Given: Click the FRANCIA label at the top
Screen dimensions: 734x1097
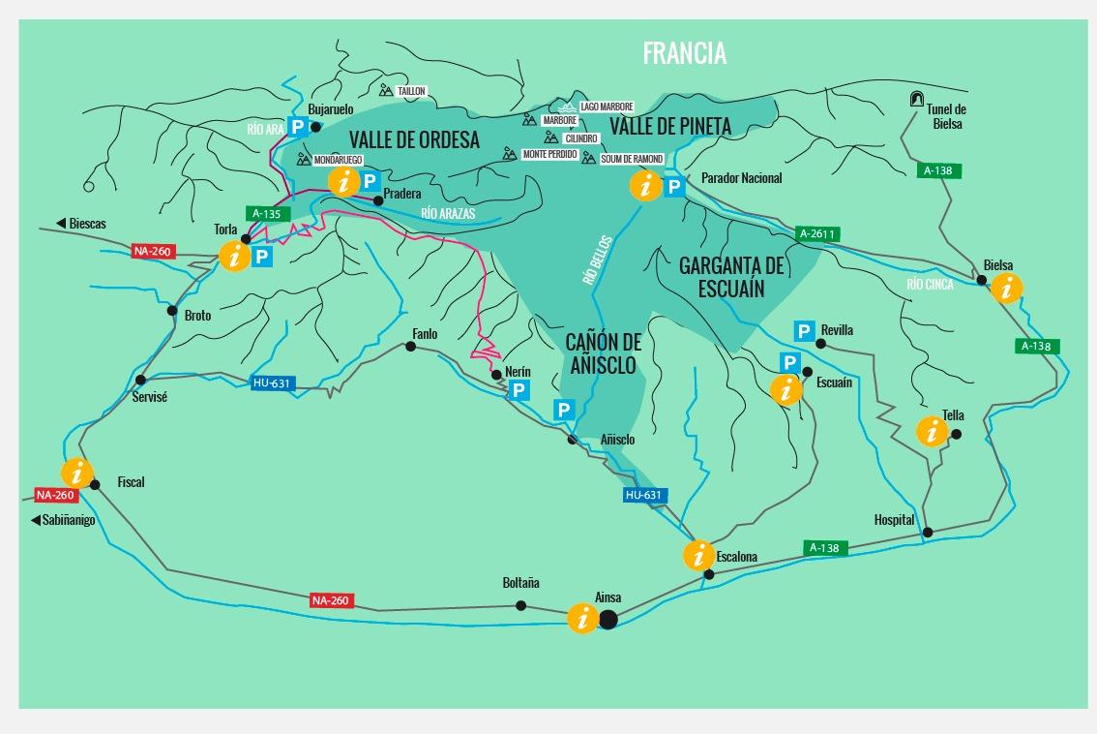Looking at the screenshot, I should tap(684, 53).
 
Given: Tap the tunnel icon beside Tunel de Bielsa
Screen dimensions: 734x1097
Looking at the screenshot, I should tap(916, 99).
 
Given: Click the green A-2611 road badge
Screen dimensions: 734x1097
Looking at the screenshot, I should tap(816, 233).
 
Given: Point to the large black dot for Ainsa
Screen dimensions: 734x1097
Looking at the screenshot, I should tap(608, 619).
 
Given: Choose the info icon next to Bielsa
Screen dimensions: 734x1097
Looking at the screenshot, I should tap(1007, 289).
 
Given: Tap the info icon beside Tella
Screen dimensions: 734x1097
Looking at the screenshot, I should tap(932, 431).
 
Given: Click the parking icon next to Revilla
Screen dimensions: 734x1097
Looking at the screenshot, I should tap(803, 331).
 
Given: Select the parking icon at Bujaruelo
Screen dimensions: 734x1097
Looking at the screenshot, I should tap(297, 127).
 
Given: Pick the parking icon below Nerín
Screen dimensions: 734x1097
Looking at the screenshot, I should tap(519, 390).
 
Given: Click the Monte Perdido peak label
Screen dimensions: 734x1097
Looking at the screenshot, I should tap(549, 155).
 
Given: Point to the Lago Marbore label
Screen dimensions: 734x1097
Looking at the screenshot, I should tap(607, 107).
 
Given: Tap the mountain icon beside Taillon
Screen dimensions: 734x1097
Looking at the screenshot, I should tap(386, 91).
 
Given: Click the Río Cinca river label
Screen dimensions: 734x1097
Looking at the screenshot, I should tap(930, 285).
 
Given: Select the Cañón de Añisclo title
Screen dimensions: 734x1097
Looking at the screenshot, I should tap(602, 353).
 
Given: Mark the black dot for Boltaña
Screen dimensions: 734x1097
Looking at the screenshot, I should tap(520, 605).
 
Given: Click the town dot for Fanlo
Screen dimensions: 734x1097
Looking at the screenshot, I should tap(410, 346).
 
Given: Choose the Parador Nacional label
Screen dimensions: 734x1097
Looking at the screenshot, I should tap(741, 178).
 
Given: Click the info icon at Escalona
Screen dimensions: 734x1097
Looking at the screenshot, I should tap(698, 556).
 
